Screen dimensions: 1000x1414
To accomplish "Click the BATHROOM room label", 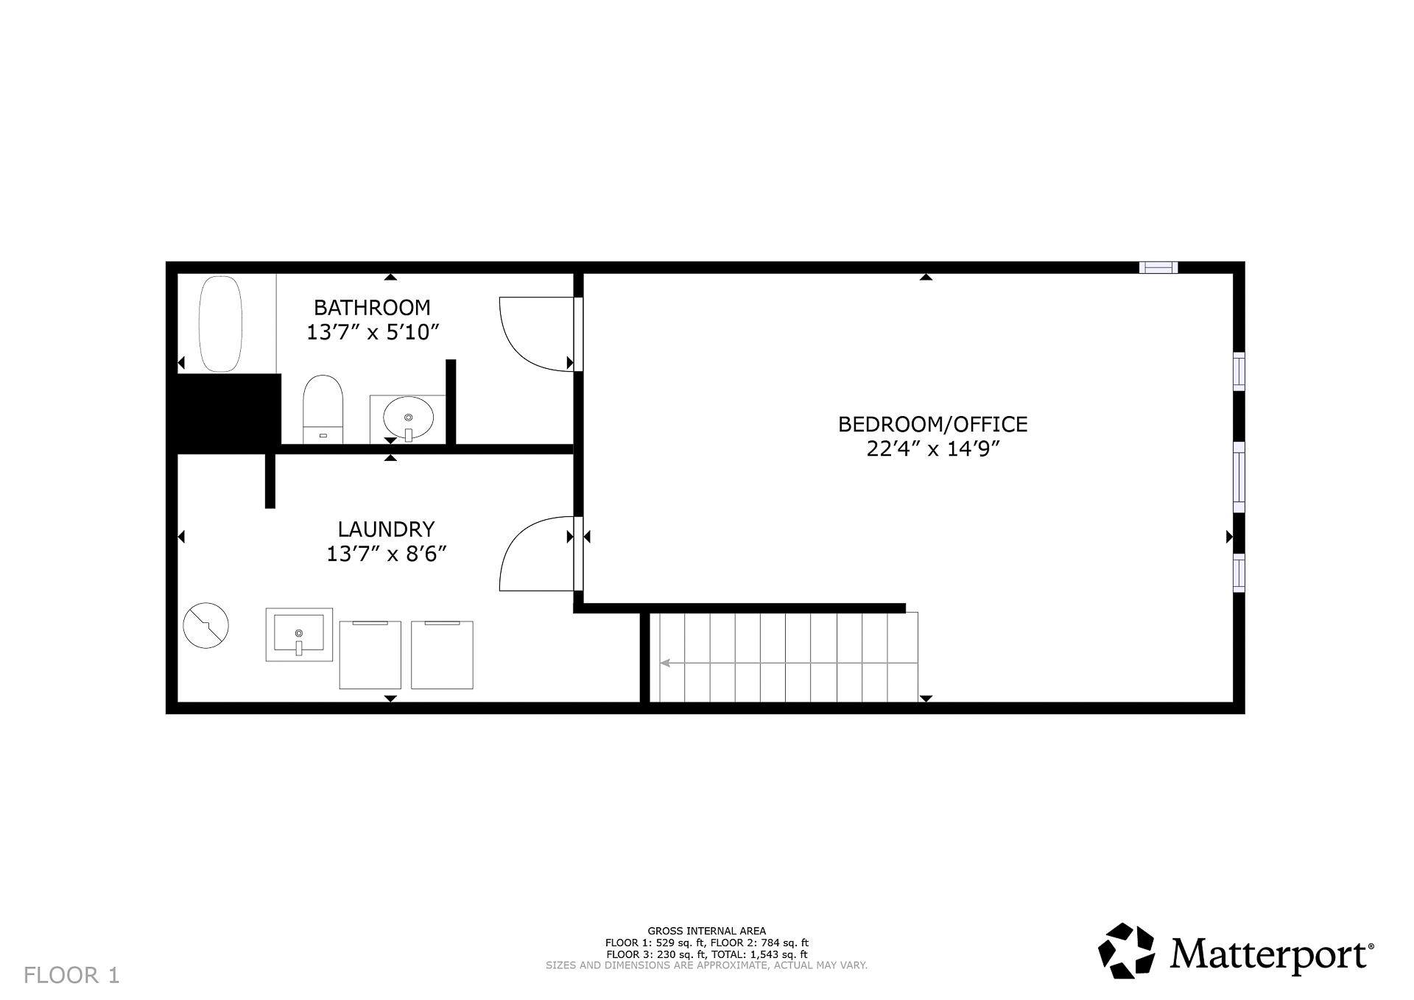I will pos(372,307).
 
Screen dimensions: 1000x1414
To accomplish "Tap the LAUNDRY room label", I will pos(386,529).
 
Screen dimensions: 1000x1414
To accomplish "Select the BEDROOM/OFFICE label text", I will pos(932,424).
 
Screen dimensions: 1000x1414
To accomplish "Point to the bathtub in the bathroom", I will pos(220,324).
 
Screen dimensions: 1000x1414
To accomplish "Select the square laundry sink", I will pos(298,635).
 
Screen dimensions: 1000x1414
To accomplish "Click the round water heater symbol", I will pos(205,626).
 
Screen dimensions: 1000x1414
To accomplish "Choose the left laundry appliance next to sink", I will pos(370,655).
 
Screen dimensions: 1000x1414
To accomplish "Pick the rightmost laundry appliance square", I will pos(442,655).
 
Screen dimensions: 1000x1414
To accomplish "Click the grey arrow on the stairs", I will pos(666,663).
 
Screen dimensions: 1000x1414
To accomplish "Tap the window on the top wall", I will pos(1158,267).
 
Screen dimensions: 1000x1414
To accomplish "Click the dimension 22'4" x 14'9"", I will pos(932,449).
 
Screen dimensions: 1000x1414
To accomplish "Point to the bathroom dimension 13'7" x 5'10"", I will pos(372,332).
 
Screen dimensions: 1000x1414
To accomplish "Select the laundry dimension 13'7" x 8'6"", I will pos(386,554).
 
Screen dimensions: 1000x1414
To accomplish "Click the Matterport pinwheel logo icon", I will pos(1126,951).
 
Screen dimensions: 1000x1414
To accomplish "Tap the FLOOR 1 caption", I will pos(71,976).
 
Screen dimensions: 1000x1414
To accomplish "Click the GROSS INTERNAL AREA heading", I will pos(706,931).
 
